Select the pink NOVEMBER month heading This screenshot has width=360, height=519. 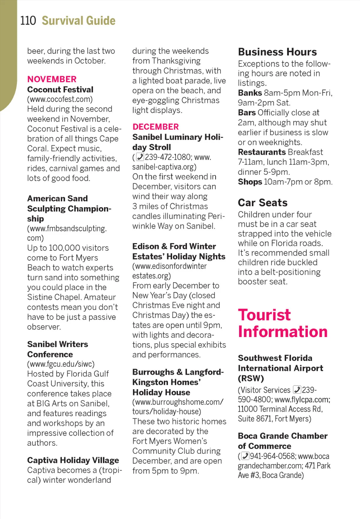(52, 79)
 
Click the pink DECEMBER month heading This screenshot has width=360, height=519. (155, 127)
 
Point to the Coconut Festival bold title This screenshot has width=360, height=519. (60, 90)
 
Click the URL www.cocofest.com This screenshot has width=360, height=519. (60, 99)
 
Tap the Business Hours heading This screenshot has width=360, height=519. (277, 52)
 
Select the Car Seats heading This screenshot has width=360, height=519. (262, 203)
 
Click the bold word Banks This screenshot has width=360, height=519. (250, 93)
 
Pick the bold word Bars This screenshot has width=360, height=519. (247, 113)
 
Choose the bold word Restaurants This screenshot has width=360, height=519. (262, 152)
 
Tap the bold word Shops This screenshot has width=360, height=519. (250, 182)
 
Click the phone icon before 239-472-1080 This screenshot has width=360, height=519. (140, 157)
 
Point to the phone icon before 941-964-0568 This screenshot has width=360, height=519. (245, 456)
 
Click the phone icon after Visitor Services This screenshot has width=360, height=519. (297, 390)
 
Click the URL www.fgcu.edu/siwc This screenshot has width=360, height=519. (61, 364)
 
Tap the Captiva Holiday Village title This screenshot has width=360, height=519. (73, 460)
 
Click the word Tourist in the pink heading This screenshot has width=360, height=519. (264, 315)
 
